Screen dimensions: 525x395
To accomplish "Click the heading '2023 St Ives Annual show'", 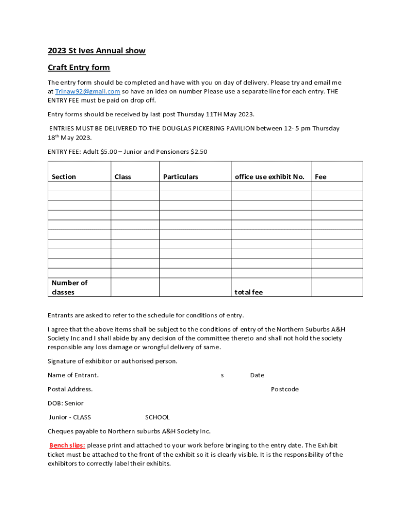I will (96, 51).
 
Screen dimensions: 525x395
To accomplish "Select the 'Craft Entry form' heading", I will (78, 68).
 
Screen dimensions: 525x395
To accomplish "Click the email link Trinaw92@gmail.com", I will (88, 91).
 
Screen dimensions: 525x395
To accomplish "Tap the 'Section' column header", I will (64, 177).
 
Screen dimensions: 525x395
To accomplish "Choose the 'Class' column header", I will (123, 177).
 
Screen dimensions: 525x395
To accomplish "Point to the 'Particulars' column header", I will (181, 177).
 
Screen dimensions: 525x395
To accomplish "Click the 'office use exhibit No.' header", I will (269, 177).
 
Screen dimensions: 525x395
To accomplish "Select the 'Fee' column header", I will (321, 177).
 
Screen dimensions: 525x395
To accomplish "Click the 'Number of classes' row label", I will (69, 288).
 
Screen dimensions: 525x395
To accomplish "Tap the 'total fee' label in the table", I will (248, 292).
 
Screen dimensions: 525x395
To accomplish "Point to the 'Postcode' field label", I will (285, 389).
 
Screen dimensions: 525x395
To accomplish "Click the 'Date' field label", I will (257, 375).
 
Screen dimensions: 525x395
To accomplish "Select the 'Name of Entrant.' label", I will (73, 375).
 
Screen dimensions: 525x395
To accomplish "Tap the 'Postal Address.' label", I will (70, 389).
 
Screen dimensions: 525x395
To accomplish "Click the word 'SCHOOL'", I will (157, 417).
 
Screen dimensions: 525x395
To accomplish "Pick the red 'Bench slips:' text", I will (67, 445).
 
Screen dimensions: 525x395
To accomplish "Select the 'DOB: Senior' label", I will (66, 403).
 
